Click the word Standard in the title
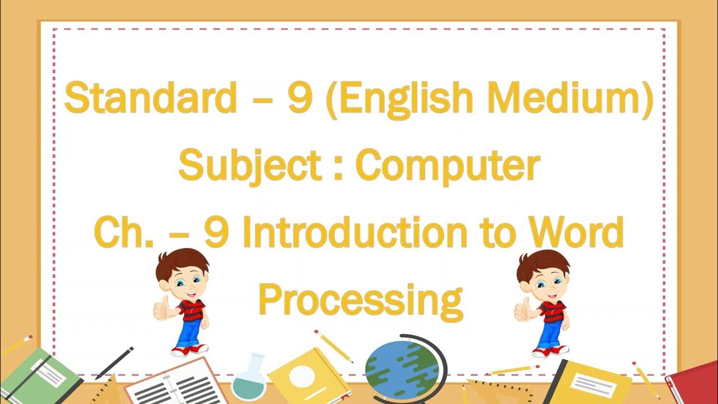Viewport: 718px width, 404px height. tap(150, 98)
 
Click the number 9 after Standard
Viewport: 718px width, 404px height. tap(300, 98)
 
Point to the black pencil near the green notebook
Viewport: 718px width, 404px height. tap(114, 362)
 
